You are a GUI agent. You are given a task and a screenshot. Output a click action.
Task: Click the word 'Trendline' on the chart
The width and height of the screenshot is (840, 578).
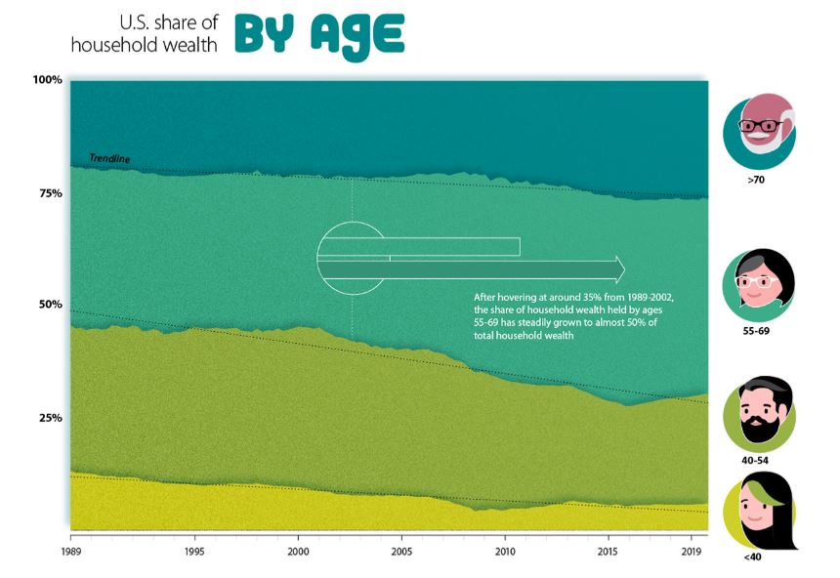[109, 158]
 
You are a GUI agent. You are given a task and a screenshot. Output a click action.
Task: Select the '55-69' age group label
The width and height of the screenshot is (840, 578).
[757, 331]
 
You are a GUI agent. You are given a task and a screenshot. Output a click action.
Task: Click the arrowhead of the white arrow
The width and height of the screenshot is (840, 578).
[616, 268]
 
